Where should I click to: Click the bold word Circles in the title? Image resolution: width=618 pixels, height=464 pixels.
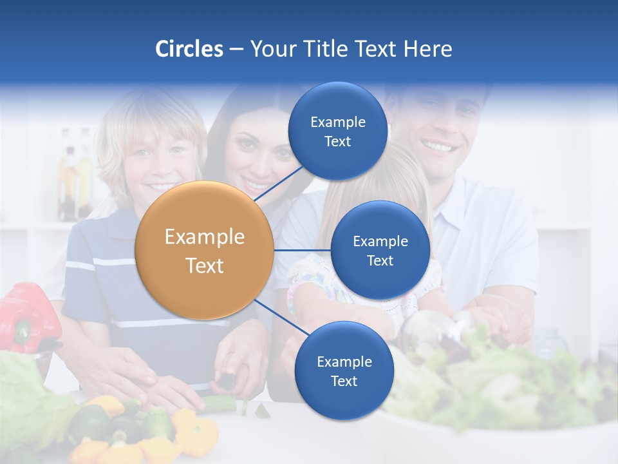[189, 49]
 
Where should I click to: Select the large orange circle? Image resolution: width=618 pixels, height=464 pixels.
[205, 250]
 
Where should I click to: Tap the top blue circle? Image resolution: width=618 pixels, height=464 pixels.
[337, 131]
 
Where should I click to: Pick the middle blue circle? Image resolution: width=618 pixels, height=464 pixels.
[380, 250]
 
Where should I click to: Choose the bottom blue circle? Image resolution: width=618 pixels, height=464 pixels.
[344, 371]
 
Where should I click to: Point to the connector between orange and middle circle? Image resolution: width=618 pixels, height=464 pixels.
[303, 250]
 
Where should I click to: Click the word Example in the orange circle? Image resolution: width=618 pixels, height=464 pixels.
[205, 237]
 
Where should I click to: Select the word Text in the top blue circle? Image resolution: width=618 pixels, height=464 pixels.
[337, 142]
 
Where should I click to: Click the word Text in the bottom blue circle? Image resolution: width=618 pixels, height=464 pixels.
[344, 382]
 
